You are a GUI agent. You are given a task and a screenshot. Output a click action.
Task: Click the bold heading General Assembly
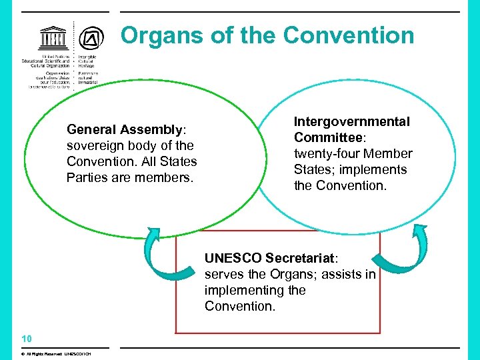pos(124,129)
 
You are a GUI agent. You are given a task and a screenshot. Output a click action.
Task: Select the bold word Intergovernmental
pos(352,122)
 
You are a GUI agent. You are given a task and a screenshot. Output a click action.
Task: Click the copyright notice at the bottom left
pos(56,353)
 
